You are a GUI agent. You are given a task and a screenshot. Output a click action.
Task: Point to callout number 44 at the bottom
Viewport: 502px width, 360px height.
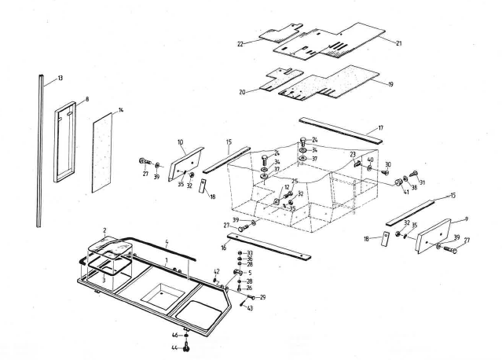[175, 347]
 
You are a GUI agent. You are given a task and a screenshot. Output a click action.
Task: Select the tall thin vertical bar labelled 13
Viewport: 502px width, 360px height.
[39, 149]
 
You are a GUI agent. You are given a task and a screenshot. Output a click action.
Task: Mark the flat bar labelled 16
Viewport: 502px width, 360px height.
[271, 248]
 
